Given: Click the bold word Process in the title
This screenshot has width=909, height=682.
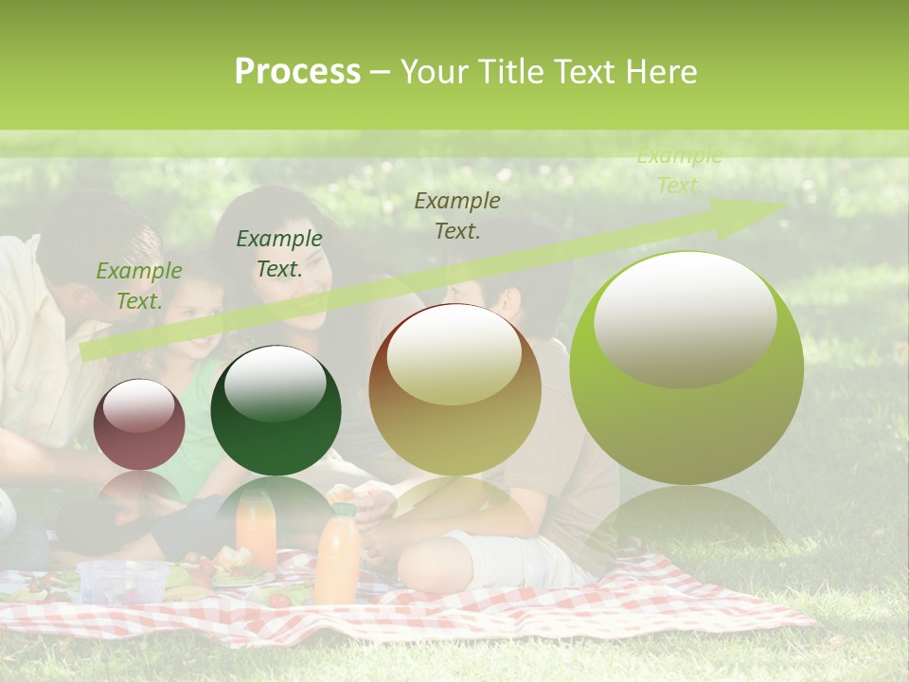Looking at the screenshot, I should (297, 72).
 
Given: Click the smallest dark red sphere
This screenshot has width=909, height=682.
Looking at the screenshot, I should (139, 425).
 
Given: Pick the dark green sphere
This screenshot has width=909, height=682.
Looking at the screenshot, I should (276, 411).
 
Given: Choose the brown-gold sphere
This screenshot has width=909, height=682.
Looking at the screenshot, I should (454, 389).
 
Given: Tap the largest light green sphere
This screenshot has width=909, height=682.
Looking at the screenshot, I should (686, 368).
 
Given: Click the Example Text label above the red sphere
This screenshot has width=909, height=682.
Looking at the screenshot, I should (139, 286).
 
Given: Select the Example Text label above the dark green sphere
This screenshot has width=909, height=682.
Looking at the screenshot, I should (278, 254).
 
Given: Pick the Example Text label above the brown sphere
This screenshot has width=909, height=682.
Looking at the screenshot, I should (457, 215).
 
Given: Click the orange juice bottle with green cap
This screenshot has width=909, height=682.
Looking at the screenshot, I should (337, 555).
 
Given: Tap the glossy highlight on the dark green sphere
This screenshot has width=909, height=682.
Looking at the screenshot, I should (276, 382).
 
